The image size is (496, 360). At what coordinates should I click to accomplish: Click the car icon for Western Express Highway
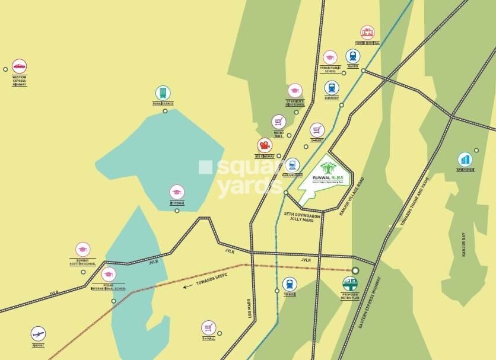pos(20,66)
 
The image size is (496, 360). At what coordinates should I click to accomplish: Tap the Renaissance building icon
pos(163,93)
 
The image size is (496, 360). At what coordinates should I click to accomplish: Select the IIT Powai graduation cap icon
pos(177,192)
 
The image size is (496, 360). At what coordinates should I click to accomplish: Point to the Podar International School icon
pos(109,275)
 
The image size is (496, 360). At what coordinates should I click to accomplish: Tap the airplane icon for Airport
pos(38,333)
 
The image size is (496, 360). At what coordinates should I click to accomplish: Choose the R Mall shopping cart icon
pos(208,327)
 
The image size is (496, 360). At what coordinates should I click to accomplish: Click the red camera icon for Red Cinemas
pos(264,145)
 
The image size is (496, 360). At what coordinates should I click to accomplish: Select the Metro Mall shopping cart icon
pos(279,122)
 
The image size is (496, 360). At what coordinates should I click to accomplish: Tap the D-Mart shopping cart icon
pos(317,130)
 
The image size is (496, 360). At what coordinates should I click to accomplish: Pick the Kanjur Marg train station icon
pos(292,165)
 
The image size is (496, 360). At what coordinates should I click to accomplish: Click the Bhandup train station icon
pos(332,87)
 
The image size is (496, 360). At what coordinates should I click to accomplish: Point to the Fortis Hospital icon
pos(367,33)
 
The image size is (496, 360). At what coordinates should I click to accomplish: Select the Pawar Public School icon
pos(330,58)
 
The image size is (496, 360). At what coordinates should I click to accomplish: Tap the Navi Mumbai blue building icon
pos(465,160)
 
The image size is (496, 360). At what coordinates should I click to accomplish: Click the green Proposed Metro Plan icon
pos(350,284)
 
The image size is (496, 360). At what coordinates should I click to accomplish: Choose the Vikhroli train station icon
pos(290,283)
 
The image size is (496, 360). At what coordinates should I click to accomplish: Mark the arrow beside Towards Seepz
pos(187,286)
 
